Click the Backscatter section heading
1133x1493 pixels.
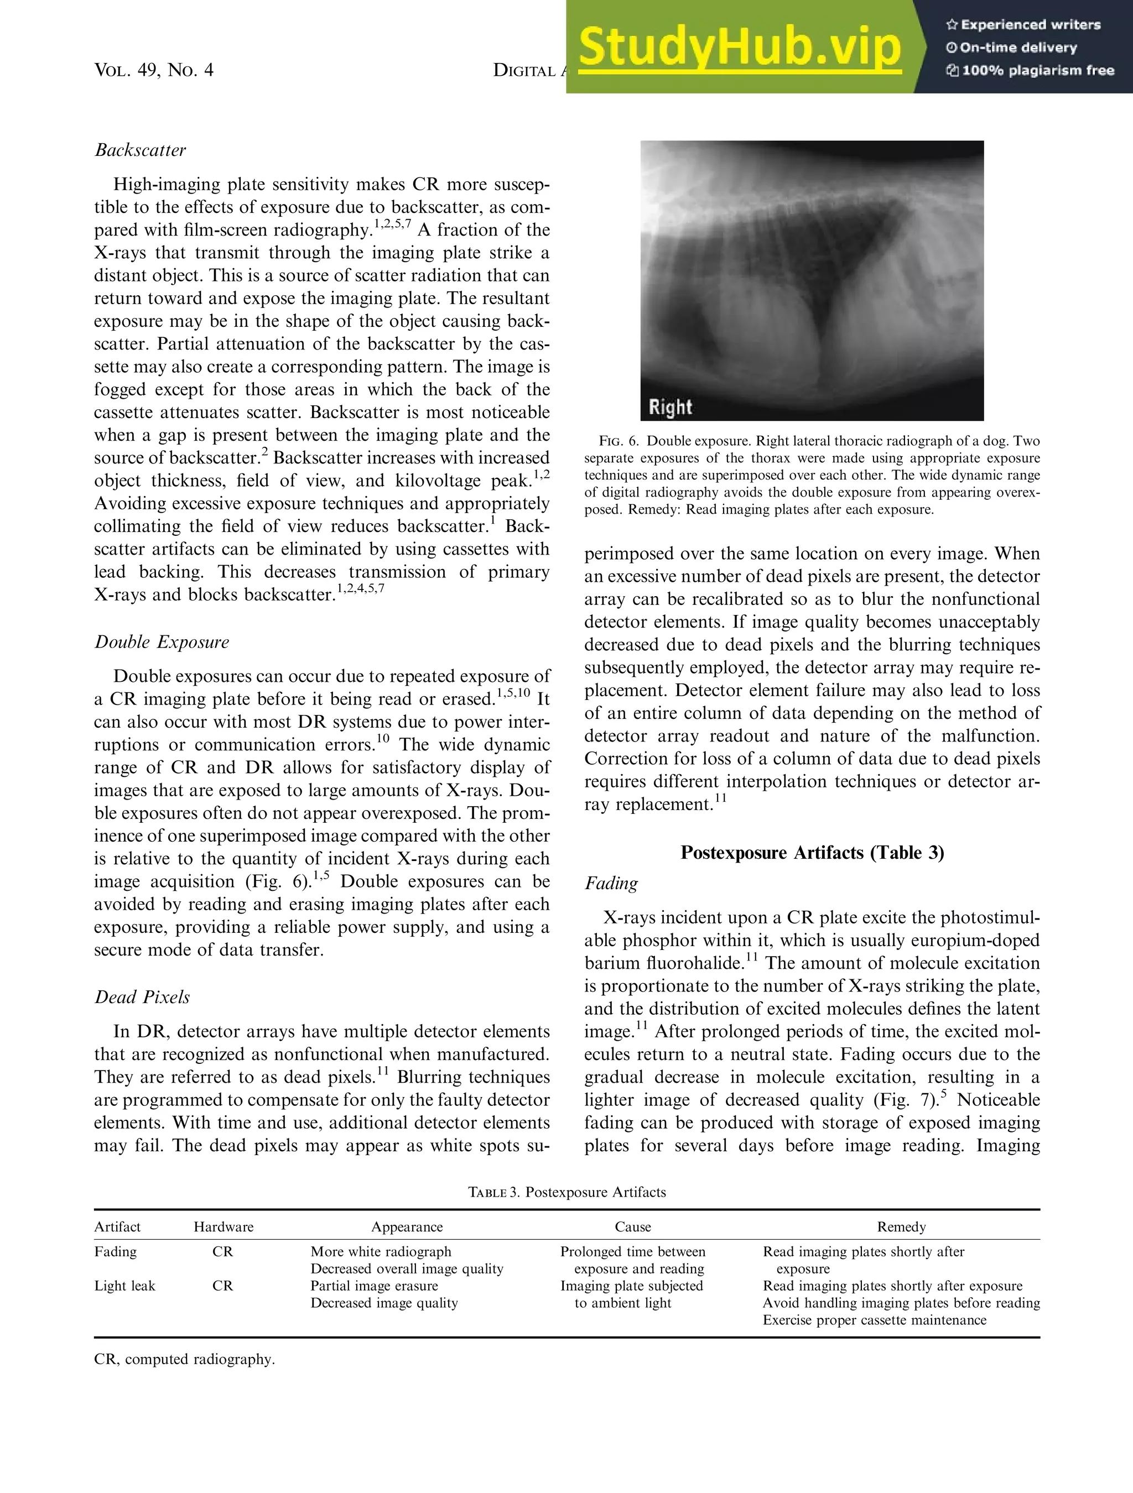click(x=140, y=150)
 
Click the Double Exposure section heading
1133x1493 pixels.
click(x=162, y=642)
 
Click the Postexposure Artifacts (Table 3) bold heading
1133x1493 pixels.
click(x=812, y=853)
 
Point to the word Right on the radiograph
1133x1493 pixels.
click(x=670, y=407)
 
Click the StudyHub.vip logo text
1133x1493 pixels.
click(x=739, y=47)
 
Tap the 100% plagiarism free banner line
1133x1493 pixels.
click(x=1031, y=70)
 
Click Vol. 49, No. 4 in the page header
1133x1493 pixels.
click(x=154, y=70)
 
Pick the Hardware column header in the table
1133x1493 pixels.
click(x=224, y=1227)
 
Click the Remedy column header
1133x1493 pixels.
click(x=901, y=1227)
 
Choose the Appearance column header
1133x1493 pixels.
click(x=407, y=1227)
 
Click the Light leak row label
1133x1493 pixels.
click(x=124, y=1286)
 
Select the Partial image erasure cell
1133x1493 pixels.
click(x=373, y=1286)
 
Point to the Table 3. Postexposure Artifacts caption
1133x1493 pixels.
click(x=566, y=1192)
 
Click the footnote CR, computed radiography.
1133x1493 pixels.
click(x=184, y=1359)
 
